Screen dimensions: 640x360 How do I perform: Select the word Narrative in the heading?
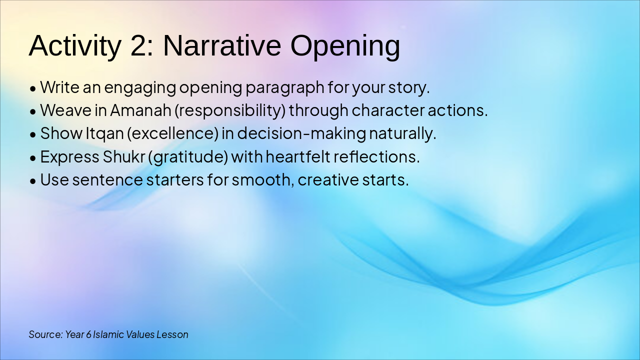click(222, 45)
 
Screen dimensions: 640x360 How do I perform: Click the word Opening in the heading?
click(345, 47)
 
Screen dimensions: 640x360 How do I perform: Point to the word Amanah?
click(140, 110)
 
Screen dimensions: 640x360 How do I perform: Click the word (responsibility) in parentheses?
click(230, 111)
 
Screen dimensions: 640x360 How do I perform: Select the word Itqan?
click(105, 134)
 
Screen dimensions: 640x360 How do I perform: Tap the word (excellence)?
click(172, 133)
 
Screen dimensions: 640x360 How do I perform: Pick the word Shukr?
click(123, 156)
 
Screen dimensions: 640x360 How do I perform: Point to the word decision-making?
click(301, 133)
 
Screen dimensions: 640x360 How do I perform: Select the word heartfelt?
click(298, 156)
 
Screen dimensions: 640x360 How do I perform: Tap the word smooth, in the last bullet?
click(263, 180)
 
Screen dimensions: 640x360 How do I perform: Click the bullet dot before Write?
click(33, 88)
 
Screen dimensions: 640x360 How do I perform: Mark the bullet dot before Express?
click(33, 158)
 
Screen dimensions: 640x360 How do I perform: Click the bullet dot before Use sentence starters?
click(33, 181)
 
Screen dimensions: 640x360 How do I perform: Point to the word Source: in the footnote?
click(45, 334)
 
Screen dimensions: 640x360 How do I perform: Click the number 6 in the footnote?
click(88, 334)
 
